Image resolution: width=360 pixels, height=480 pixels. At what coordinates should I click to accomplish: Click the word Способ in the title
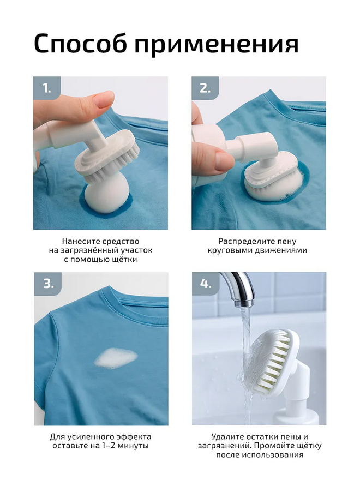[80, 43]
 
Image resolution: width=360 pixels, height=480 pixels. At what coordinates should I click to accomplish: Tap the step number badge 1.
[47, 88]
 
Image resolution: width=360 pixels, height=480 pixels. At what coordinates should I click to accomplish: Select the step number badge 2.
[205, 88]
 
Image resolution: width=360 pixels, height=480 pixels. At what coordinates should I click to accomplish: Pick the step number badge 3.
[48, 284]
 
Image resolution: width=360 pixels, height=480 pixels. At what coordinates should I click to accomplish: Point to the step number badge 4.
[206, 284]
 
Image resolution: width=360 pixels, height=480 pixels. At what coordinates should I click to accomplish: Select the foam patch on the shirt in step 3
[116, 358]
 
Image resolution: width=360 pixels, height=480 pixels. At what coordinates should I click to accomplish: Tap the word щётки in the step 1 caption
[124, 259]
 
